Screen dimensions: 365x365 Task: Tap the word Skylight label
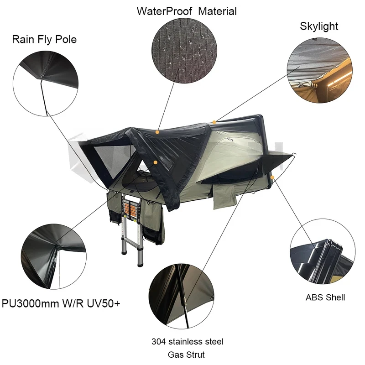click(x=319, y=26)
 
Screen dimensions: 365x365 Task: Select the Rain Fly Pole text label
click(x=44, y=39)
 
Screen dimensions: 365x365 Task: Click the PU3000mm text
click(x=35, y=302)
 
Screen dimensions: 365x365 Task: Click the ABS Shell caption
click(x=325, y=297)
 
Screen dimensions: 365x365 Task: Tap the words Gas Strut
click(x=188, y=355)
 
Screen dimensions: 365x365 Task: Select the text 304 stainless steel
click(x=188, y=341)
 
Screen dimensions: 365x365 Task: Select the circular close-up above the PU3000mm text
click(x=54, y=255)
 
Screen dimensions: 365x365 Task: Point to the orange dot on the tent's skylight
click(x=214, y=122)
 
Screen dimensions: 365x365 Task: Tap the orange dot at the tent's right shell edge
click(x=272, y=176)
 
